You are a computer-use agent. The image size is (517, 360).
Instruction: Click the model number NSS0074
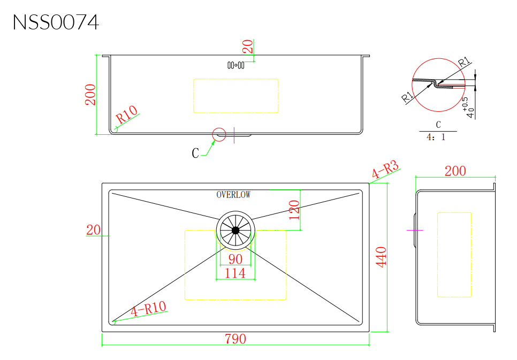[x=56, y=22]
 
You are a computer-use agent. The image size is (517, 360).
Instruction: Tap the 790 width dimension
[x=235, y=339]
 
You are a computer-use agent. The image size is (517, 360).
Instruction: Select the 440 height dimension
[x=382, y=257]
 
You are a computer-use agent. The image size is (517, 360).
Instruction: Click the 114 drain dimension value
[x=235, y=273]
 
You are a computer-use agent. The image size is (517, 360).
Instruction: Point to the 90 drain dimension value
[x=235, y=260]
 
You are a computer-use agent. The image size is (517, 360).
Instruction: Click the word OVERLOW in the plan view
[x=233, y=195]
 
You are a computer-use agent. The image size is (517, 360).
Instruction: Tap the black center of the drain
[x=235, y=230]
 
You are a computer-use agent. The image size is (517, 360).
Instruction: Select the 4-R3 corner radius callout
[x=385, y=170]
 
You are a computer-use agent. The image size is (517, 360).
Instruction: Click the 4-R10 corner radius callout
[x=148, y=310]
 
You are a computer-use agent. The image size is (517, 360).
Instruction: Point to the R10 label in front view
[x=127, y=114]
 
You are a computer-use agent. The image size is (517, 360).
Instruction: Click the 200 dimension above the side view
[x=455, y=171]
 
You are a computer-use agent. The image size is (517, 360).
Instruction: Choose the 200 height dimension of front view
[x=90, y=95]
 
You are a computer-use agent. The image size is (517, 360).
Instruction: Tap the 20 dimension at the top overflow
[x=248, y=46]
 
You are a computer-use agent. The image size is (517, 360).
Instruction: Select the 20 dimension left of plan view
[x=93, y=230]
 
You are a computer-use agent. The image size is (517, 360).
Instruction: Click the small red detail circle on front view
[x=219, y=135]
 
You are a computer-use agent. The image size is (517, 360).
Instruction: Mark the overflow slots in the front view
[x=236, y=65]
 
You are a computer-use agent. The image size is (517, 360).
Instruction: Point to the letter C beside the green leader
[x=195, y=154]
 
